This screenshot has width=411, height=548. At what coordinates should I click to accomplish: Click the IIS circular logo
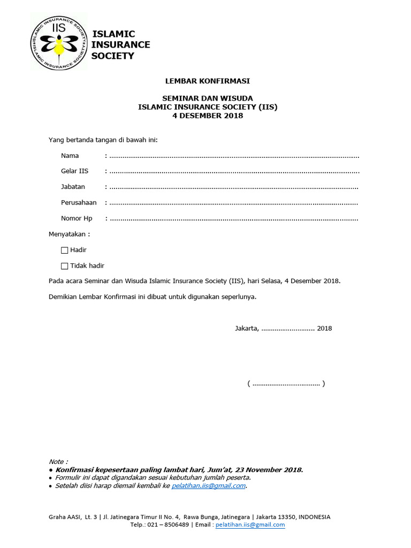point(58,42)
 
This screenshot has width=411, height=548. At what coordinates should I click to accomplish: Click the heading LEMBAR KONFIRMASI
point(207,81)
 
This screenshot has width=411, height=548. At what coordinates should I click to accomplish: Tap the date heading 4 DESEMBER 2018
point(207,116)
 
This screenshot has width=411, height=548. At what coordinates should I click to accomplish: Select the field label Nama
point(70,156)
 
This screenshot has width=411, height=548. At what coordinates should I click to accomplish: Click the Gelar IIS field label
point(74,171)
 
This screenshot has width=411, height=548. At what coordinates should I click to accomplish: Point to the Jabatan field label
point(73,187)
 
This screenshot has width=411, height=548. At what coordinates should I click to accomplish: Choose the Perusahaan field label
point(79,203)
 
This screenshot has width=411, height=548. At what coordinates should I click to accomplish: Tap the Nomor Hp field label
point(77,218)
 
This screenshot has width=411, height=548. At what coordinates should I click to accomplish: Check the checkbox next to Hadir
point(65,250)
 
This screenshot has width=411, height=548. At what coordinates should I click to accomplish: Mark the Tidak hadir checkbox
point(65,266)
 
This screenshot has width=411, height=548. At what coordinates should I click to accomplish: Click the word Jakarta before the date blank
point(246,328)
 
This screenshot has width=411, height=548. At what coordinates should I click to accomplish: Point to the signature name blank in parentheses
point(286,383)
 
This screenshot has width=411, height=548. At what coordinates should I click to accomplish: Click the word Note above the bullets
point(58,461)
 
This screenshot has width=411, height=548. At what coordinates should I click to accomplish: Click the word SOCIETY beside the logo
point(113,56)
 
